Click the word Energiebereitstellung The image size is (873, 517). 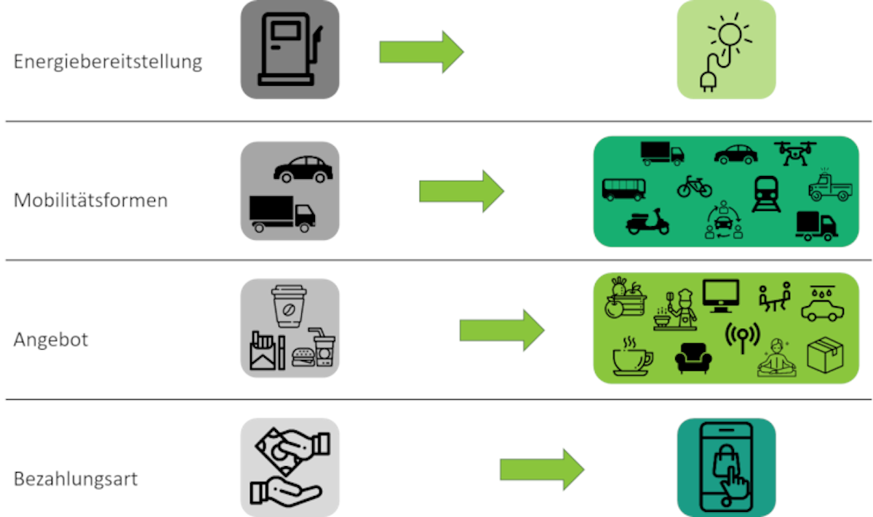(x=108, y=61)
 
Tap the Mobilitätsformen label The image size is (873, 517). (x=90, y=200)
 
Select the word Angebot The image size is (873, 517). (x=51, y=339)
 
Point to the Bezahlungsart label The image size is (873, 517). (x=76, y=480)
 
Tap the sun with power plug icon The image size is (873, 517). (x=725, y=49)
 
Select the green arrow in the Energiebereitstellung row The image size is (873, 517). (x=421, y=52)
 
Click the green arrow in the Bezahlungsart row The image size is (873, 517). (x=542, y=470)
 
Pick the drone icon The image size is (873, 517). (x=796, y=153)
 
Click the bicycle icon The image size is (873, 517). (x=695, y=187)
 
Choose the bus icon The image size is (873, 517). (x=623, y=189)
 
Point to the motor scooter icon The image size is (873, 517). (x=647, y=221)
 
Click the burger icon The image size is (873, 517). (x=303, y=357)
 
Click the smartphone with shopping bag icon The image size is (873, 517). (x=726, y=467)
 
